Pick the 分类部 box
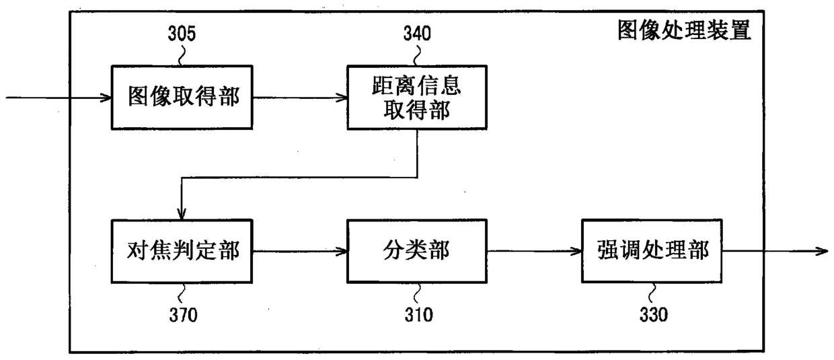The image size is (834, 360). tap(416, 251)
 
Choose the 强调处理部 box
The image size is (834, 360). tap(651, 251)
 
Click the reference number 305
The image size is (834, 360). tap(182, 34)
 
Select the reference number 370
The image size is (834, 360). tap(182, 314)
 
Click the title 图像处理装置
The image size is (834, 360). tap(684, 31)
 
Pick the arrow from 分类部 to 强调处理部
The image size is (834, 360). tap(534, 251)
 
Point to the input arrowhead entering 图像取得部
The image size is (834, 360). tap(106, 97)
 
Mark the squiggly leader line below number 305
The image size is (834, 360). tap(180, 56)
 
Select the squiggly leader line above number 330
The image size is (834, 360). tap(652, 292)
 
